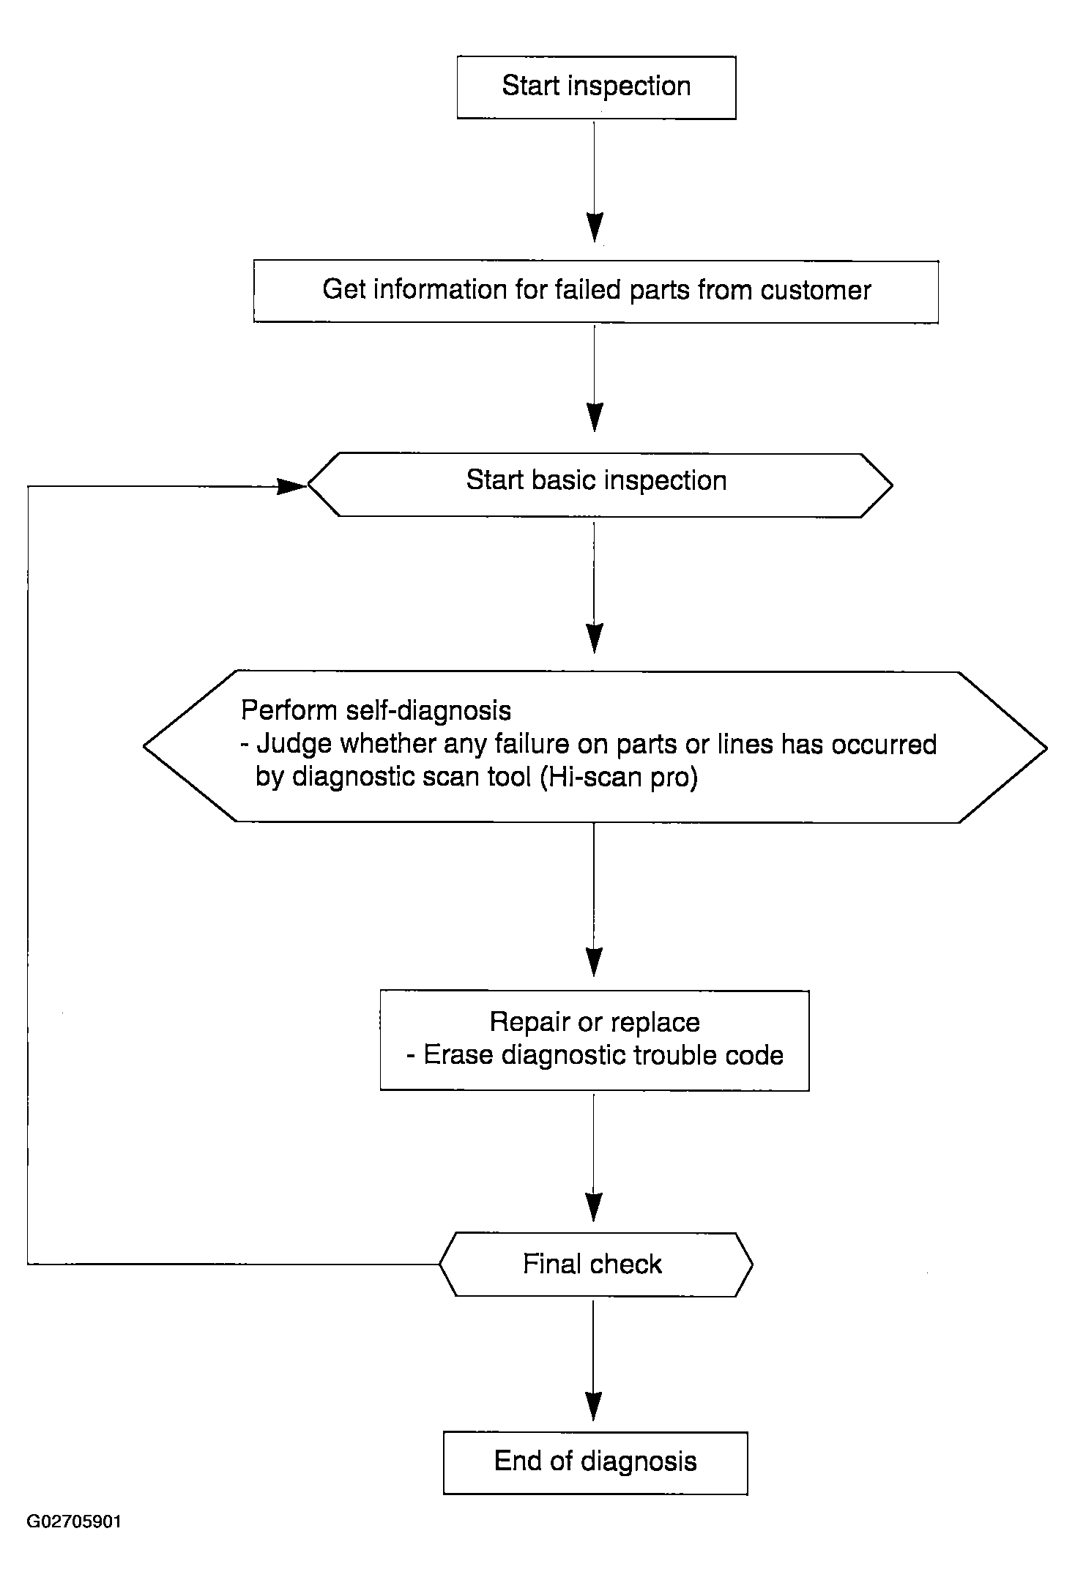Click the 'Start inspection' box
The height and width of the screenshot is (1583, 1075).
pyautogui.click(x=596, y=87)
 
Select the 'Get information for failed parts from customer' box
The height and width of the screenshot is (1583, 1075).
pyautogui.click(x=596, y=291)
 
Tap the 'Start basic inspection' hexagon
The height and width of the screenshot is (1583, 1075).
pyautogui.click(x=600, y=485)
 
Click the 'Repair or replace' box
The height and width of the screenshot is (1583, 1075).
pyautogui.click(x=595, y=1040)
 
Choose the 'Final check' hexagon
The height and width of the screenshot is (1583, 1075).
pyautogui.click(x=595, y=1264)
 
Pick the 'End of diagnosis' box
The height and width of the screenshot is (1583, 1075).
pyautogui.click(x=595, y=1462)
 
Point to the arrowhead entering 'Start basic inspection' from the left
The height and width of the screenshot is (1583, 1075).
pyautogui.click(x=291, y=485)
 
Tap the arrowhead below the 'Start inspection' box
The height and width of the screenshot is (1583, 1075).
pyautogui.click(x=595, y=228)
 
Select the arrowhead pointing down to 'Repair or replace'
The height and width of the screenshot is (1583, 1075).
pyautogui.click(x=595, y=962)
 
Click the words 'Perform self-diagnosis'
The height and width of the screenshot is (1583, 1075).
pyautogui.click(x=376, y=711)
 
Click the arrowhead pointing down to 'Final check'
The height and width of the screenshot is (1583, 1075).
pyautogui.click(x=595, y=1207)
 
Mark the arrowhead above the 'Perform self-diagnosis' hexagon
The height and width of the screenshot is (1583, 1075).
pyautogui.click(x=595, y=638)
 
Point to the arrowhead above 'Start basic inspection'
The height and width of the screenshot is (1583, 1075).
pyautogui.click(x=595, y=417)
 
